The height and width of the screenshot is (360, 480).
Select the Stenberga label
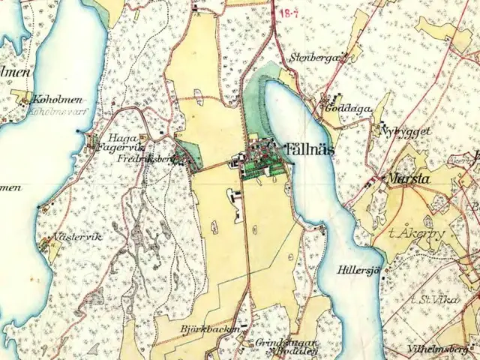tap(314, 56)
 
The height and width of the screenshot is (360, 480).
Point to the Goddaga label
tap(348, 108)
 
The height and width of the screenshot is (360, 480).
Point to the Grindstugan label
tap(277, 341)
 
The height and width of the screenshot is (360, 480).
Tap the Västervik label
tap(78, 237)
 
